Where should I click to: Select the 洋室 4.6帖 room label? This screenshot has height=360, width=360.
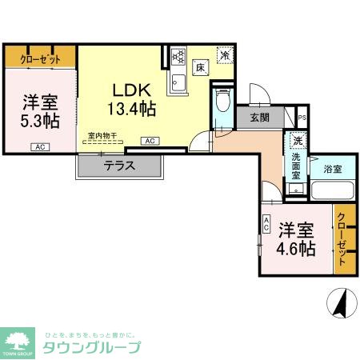(296, 238)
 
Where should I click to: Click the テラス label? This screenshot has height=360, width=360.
(119, 166)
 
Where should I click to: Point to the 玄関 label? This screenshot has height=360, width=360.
(259, 118)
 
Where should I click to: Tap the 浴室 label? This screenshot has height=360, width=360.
(332, 169)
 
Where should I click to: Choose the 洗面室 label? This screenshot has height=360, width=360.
(295, 164)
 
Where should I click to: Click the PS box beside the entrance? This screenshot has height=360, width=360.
(301, 117)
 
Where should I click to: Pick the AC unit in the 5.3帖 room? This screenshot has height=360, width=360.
(38, 147)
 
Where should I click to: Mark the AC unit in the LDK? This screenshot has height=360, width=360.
(149, 141)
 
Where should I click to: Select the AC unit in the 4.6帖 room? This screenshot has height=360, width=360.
(266, 226)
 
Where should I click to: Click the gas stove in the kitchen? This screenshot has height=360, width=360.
(178, 58)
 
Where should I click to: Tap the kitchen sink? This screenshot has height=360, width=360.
(178, 82)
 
